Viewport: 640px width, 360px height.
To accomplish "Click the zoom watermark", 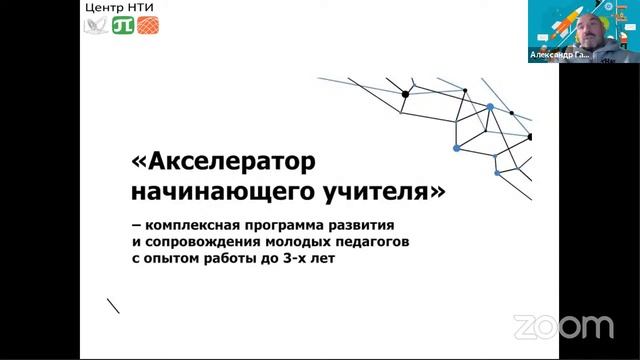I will (563, 327).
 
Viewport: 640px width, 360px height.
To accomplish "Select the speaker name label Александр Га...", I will (561, 57).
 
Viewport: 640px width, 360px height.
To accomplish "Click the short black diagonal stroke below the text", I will (113, 304).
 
